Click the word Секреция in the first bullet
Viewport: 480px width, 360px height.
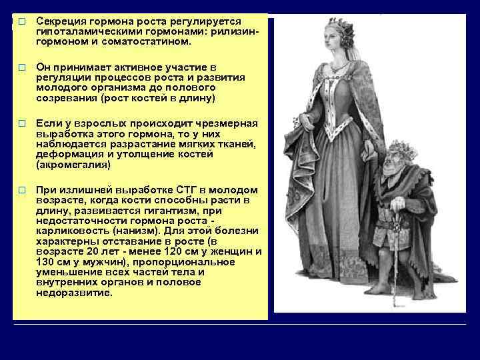pos(59,22)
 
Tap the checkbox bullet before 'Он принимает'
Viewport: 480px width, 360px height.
pos(22,68)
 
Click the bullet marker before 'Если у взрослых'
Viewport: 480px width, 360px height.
pos(22,124)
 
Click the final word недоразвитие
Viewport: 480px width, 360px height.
pos(75,293)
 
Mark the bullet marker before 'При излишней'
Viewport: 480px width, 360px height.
pos(22,190)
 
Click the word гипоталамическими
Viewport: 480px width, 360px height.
pos(84,31)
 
